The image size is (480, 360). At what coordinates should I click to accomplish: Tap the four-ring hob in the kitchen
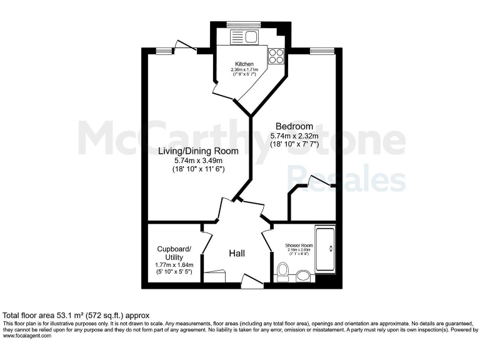pyautogui.click(x=276, y=56)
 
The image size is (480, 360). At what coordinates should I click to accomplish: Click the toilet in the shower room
pyautogui.click(x=282, y=271)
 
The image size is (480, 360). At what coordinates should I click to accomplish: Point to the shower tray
pyautogui.click(x=326, y=250)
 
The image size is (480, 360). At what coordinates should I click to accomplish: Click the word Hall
pyautogui.click(x=236, y=253)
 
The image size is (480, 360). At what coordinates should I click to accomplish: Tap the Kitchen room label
pyautogui.click(x=244, y=64)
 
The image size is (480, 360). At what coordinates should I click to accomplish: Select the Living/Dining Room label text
pyautogui.click(x=198, y=151)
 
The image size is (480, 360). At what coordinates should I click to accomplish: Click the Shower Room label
pyautogui.click(x=299, y=246)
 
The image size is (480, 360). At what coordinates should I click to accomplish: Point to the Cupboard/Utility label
pyautogui.click(x=174, y=252)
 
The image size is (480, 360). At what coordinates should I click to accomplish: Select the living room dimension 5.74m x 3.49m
pyautogui.click(x=198, y=161)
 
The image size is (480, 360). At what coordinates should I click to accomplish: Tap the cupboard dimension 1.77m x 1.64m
pyautogui.click(x=174, y=265)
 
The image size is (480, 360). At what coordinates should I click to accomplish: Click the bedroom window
pyautogui.click(x=320, y=51)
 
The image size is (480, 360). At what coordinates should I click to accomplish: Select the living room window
pyautogui.click(x=164, y=51)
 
